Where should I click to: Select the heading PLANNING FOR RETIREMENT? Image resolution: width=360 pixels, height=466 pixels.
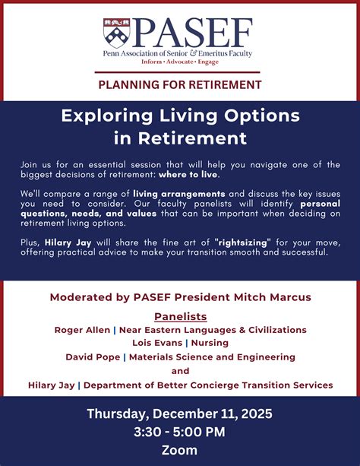(x=179, y=84)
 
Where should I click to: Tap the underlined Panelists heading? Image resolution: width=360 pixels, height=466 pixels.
(x=180, y=315)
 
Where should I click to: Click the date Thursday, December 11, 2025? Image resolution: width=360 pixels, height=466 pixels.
(x=179, y=414)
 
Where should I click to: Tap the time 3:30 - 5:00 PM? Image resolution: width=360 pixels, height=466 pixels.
(x=179, y=433)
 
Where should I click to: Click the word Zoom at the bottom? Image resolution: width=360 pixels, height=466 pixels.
(x=179, y=450)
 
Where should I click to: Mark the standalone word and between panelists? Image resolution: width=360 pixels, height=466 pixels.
(x=180, y=371)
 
